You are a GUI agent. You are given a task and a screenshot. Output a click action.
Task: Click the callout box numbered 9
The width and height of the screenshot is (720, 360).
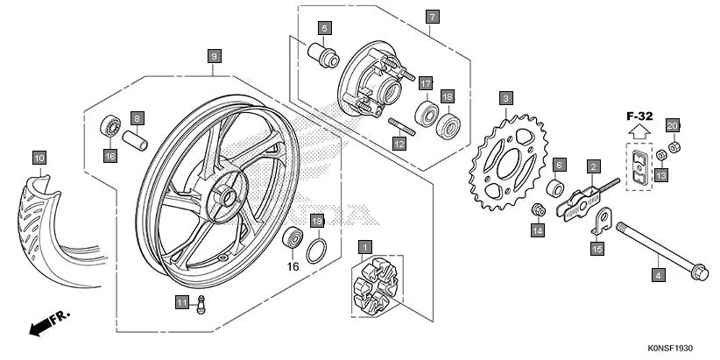click(x=214, y=56)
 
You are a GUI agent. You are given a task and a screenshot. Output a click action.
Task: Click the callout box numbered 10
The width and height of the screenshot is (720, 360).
click(x=39, y=158)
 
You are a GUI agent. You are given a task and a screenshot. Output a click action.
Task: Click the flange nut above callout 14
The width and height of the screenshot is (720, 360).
click(x=540, y=210)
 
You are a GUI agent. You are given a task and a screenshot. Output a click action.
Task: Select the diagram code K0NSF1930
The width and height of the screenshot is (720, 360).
click(x=677, y=348)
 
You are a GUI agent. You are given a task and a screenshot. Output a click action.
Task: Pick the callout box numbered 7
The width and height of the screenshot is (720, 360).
click(x=431, y=17)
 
